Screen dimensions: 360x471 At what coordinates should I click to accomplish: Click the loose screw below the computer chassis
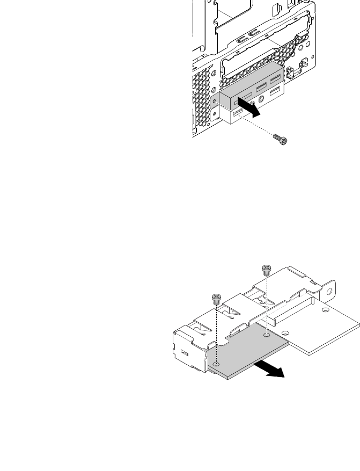[x=281, y=139]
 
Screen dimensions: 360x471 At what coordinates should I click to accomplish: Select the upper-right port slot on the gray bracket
[x=275, y=79]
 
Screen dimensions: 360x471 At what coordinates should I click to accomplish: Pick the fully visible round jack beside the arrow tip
[x=261, y=99]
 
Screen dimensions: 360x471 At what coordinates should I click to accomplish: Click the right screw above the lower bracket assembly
[x=265, y=269]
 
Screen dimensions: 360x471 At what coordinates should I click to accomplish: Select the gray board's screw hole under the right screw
[x=267, y=335]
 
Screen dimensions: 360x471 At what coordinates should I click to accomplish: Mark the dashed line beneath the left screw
[x=216, y=333]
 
